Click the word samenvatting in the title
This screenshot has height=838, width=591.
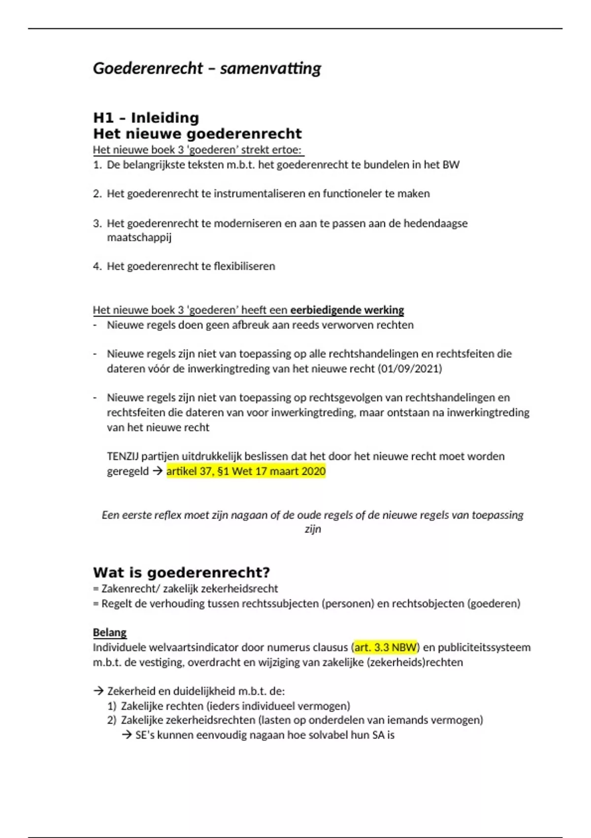[x=270, y=68]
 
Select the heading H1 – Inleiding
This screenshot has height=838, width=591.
[x=146, y=118]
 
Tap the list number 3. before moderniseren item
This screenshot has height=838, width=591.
[x=97, y=223]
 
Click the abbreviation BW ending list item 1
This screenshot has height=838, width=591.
[x=451, y=165]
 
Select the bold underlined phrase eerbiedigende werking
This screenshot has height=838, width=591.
[x=347, y=310]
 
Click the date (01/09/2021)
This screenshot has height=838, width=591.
[x=410, y=369]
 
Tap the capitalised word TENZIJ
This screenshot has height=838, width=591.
[x=123, y=456]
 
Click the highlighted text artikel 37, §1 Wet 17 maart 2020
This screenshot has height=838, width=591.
[x=246, y=471]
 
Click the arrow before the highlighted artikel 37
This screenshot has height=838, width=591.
[x=158, y=471]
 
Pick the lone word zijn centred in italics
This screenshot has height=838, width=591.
[x=313, y=529]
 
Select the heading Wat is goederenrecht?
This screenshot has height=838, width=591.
[x=181, y=573]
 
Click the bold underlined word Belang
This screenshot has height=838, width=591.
[x=109, y=632]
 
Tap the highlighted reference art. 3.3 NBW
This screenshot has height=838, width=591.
[x=386, y=647]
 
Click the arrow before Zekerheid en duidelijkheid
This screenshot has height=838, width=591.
[x=98, y=691]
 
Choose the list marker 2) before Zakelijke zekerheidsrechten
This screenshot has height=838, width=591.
[x=111, y=720]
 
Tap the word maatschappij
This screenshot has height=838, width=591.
[x=139, y=238]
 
